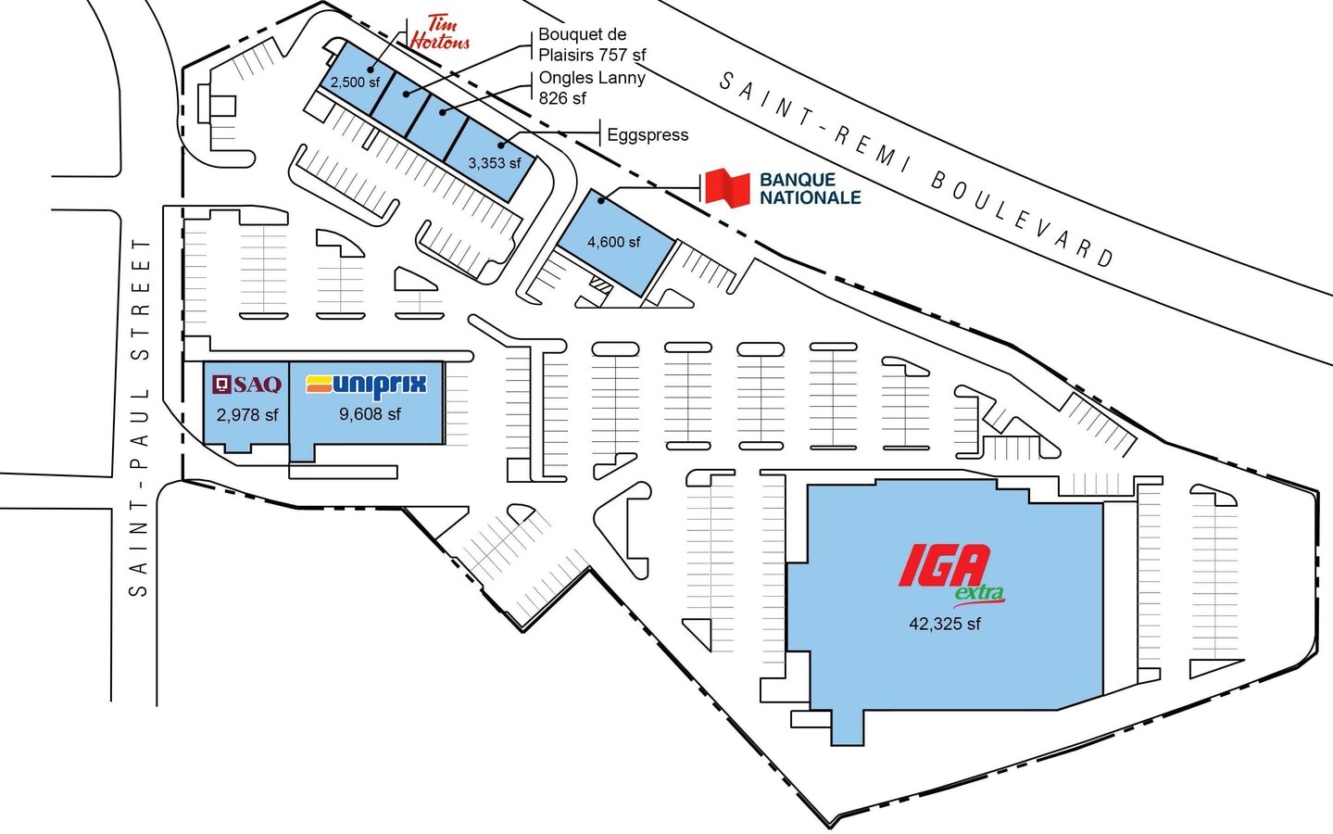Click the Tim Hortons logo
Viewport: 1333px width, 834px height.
pos(440,32)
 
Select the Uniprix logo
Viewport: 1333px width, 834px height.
pos(367,385)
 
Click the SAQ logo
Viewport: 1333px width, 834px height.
pos(247,385)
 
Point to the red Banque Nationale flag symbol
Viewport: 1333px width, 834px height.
pos(726,187)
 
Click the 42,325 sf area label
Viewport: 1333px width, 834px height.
pos(945,624)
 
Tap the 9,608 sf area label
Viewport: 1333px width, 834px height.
pos(370,413)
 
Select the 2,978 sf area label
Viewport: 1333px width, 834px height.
pos(247,415)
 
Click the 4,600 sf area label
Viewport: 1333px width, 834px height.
pos(613,242)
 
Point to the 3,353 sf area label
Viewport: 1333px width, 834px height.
pos(495,163)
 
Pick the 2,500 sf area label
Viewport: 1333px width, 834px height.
pos(355,82)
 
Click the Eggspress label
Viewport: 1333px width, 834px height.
pos(648,135)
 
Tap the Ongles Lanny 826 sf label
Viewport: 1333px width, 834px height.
pos(592,87)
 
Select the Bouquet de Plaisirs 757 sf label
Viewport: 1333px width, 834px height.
pos(592,44)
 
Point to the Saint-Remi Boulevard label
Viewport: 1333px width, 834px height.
pos(917,170)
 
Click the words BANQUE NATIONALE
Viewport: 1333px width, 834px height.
pos(810,188)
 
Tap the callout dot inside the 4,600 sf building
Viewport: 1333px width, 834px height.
pos(601,200)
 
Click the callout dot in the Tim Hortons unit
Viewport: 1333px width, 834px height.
pos(371,69)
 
